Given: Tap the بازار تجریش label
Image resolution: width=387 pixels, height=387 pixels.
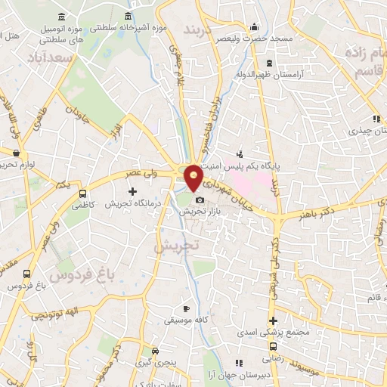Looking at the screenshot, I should coord(197,212).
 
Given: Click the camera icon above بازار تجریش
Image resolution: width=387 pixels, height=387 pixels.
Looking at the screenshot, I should coord(200,200).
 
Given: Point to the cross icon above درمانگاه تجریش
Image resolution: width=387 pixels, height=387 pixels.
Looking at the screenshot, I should coord(132,191).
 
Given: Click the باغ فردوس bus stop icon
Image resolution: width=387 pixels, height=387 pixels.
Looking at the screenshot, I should coord(27,274).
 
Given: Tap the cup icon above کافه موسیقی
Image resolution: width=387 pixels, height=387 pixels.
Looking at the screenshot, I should coord(186,309).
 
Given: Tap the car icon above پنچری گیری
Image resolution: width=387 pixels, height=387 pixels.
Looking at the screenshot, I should coord(155,351).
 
